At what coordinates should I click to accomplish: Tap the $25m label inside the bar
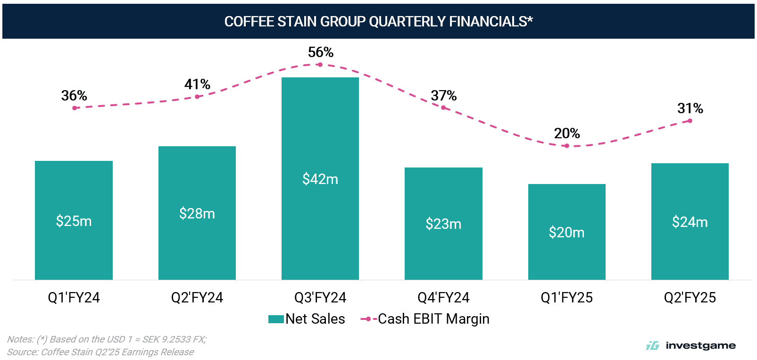pos(74,221)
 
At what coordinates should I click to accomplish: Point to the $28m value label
pos(197,213)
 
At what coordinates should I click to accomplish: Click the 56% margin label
pos(321,52)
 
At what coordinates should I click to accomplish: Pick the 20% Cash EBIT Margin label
pos(567,134)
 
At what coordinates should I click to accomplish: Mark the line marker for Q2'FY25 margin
pos(690,121)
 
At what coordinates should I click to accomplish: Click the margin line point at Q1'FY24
pos(75,108)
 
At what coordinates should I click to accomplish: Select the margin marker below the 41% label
pos(197,97)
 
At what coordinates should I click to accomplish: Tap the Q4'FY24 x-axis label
pos(443,298)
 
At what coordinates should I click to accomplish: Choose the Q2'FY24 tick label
pos(197,298)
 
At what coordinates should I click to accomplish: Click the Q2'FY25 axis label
pos(690,298)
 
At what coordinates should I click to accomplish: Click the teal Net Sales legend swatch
pos(276,319)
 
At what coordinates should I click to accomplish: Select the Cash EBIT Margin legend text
pos(433,319)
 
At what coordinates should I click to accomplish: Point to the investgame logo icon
pos(652,346)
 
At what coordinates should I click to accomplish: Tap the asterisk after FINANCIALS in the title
pos(530,20)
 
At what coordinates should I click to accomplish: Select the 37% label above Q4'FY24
pos(443,96)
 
